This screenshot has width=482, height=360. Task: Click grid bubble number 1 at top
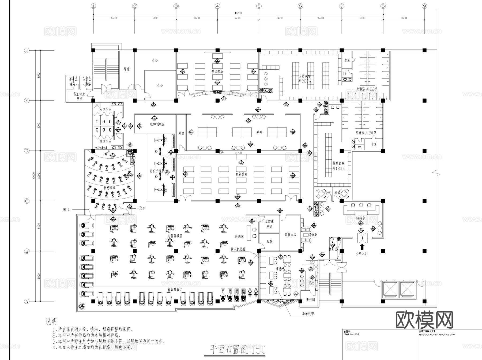point(93,6)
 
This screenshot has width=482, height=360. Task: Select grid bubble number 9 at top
point(424,6)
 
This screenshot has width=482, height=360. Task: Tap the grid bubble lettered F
point(27,50)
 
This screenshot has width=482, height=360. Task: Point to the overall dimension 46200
point(238,13)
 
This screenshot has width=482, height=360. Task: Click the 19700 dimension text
point(238,153)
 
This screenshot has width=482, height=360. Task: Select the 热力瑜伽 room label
point(217,72)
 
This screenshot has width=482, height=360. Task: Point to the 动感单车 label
point(110,188)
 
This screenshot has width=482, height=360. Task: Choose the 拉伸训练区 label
point(157,124)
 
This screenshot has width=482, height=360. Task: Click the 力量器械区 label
point(175,236)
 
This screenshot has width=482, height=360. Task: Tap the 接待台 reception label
point(361,218)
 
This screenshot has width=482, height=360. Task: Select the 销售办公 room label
point(291,235)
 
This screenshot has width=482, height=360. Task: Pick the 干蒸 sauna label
point(374,144)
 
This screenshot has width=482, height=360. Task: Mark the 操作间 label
point(311,300)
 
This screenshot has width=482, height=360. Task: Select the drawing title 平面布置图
point(230,350)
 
